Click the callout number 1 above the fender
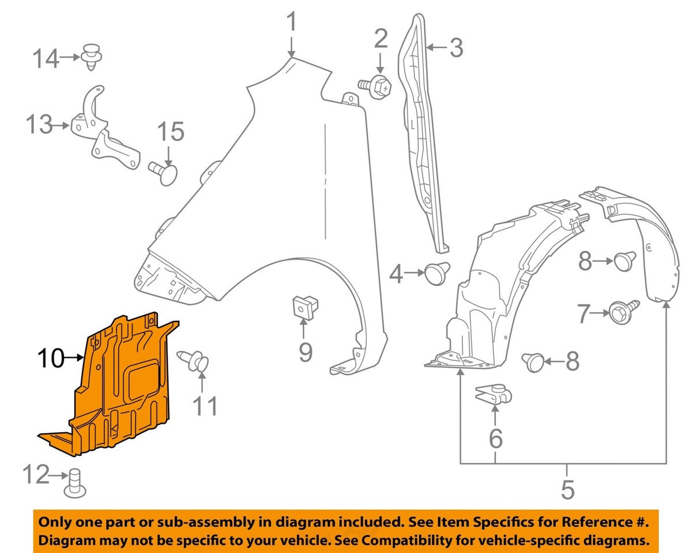click(x=292, y=23)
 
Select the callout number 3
click(x=456, y=48)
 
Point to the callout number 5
click(x=567, y=490)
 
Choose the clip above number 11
click(x=195, y=362)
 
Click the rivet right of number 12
click(x=75, y=482)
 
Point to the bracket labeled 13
click(x=103, y=130)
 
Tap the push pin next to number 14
click(x=92, y=56)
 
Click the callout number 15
click(x=170, y=132)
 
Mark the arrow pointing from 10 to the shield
click(x=74, y=358)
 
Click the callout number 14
click(x=45, y=58)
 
